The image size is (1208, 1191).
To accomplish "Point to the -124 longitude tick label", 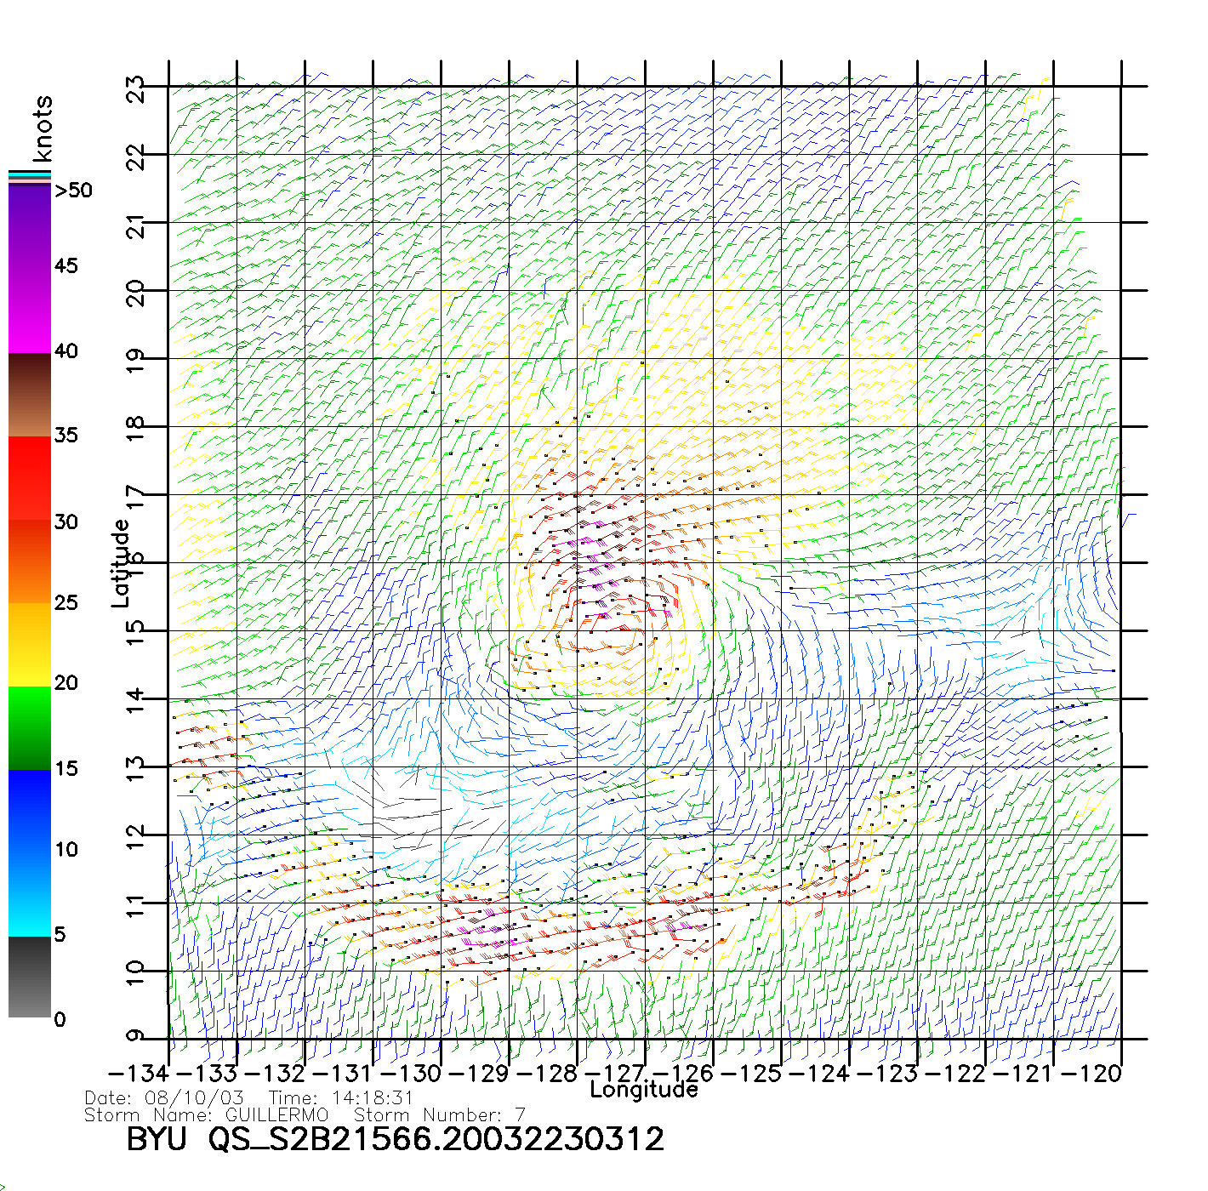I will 820,1074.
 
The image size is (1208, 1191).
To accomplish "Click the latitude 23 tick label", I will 136,88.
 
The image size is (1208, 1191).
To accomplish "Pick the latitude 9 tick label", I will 136,1036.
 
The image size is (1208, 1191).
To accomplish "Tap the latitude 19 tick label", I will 136,360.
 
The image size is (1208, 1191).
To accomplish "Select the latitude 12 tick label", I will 136,835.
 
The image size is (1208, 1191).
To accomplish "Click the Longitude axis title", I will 644,1090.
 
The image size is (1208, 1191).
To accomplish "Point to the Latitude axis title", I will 121,563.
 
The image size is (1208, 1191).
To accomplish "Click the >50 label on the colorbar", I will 74,191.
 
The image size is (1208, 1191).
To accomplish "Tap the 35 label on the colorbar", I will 66,436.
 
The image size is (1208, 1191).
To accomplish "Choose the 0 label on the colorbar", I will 60,1019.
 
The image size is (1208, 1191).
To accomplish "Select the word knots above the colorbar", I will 43,128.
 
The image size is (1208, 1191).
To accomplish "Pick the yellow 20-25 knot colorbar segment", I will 30,644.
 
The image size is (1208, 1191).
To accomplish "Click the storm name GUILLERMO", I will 276,1114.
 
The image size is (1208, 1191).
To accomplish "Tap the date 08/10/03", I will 195,1098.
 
